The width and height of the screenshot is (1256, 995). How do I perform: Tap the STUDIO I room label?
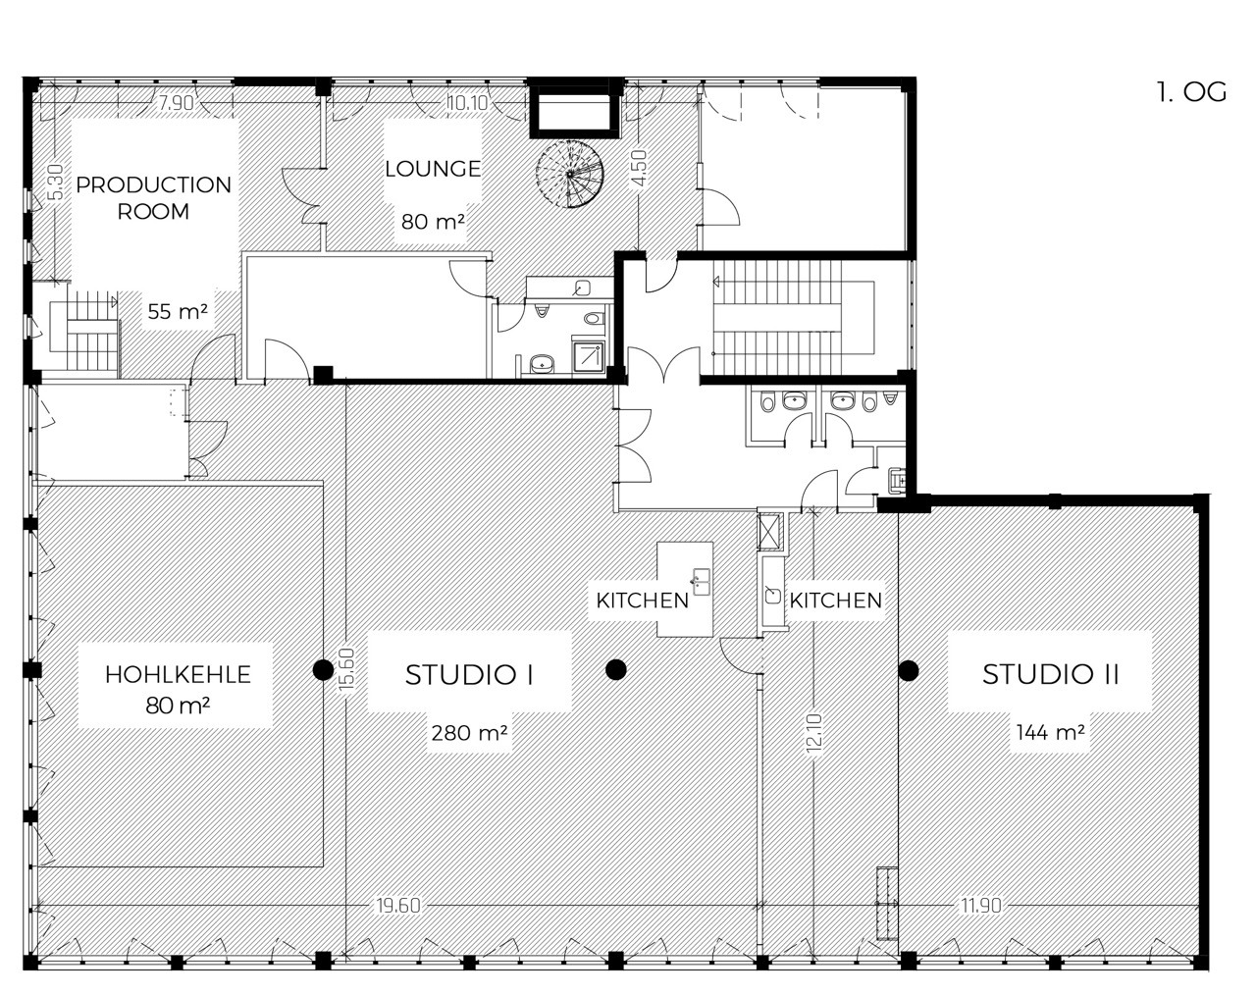click(469, 675)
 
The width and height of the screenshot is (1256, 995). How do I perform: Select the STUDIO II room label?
click(1051, 675)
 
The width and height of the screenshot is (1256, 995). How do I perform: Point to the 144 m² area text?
click(1051, 732)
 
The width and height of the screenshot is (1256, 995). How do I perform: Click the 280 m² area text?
click(469, 732)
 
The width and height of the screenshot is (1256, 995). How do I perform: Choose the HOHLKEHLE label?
click(178, 675)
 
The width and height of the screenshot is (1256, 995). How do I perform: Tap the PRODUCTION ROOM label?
click(154, 197)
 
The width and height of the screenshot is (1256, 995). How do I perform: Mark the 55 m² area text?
click(177, 312)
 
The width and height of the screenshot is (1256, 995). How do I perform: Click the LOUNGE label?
click(433, 169)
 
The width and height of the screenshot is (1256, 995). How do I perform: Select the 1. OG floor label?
click(1190, 92)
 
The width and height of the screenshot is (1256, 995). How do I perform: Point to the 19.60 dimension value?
click(398, 906)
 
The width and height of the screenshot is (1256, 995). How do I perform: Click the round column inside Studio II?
click(908, 670)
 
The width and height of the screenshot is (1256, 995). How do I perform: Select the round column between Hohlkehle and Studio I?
click(321, 670)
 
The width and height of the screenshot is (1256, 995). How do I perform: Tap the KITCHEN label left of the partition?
click(642, 601)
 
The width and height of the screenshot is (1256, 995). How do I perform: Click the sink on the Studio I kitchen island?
click(700, 581)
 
